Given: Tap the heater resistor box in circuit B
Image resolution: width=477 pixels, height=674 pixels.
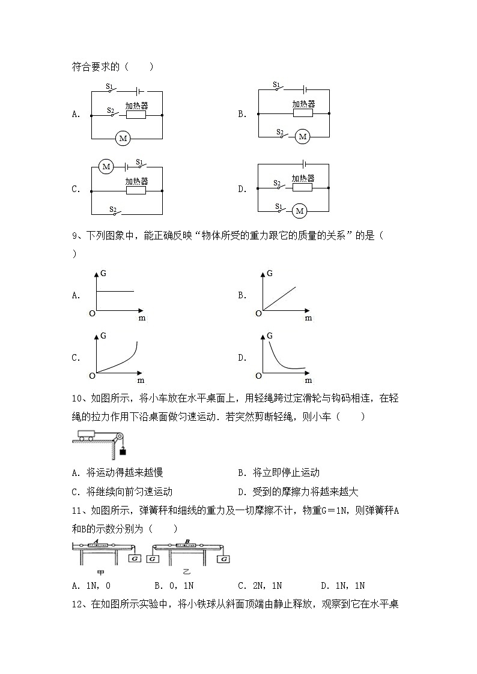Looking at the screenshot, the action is [302, 113].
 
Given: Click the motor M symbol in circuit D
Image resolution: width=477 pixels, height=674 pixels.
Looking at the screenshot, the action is [299, 211].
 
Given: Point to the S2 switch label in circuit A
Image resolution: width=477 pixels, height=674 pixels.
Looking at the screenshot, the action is [111, 110].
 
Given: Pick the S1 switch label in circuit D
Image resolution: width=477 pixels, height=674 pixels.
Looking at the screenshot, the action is [279, 206].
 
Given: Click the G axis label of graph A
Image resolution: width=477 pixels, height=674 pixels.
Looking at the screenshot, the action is [104, 274].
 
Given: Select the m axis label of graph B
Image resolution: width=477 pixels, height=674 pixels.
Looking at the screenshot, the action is [308, 318].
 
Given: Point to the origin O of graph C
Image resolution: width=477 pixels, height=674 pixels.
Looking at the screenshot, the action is [92, 376].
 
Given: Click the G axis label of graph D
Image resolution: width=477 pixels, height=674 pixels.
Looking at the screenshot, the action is [270, 336].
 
